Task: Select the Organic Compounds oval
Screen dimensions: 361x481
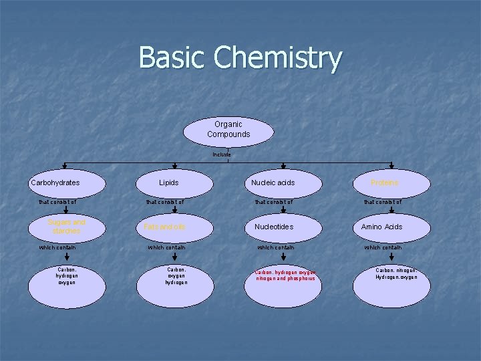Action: pos(228,130)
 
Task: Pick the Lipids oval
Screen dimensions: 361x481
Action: pos(168,183)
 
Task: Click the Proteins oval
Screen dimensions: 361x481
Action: pos(384,183)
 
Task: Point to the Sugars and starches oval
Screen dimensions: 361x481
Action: pos(66,227)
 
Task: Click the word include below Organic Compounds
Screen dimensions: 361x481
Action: pos(222,154)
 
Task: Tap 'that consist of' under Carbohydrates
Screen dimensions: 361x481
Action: pos(57,202)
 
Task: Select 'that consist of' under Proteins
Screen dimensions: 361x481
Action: pos(382,202)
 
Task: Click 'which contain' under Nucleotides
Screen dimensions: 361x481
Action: pos(275,247)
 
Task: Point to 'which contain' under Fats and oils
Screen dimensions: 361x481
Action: pos(166,247)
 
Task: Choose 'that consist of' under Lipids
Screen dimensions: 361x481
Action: pos(166,202)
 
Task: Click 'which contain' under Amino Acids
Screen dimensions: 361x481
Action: pos(382,247)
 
